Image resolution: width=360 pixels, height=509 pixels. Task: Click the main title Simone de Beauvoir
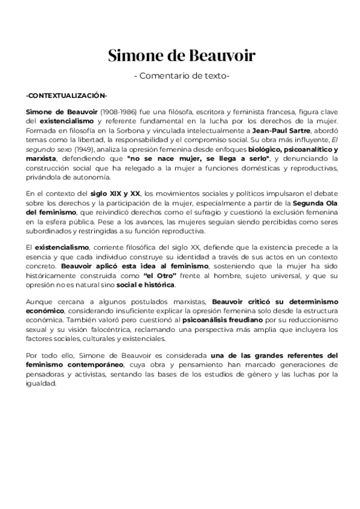pyautogui.click(x=181, y=56)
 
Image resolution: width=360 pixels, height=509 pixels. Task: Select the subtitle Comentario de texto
pyautogui.click(x=181, y=76)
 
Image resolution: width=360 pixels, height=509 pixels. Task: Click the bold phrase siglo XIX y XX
pyautogui.click(x=119, y=193)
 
